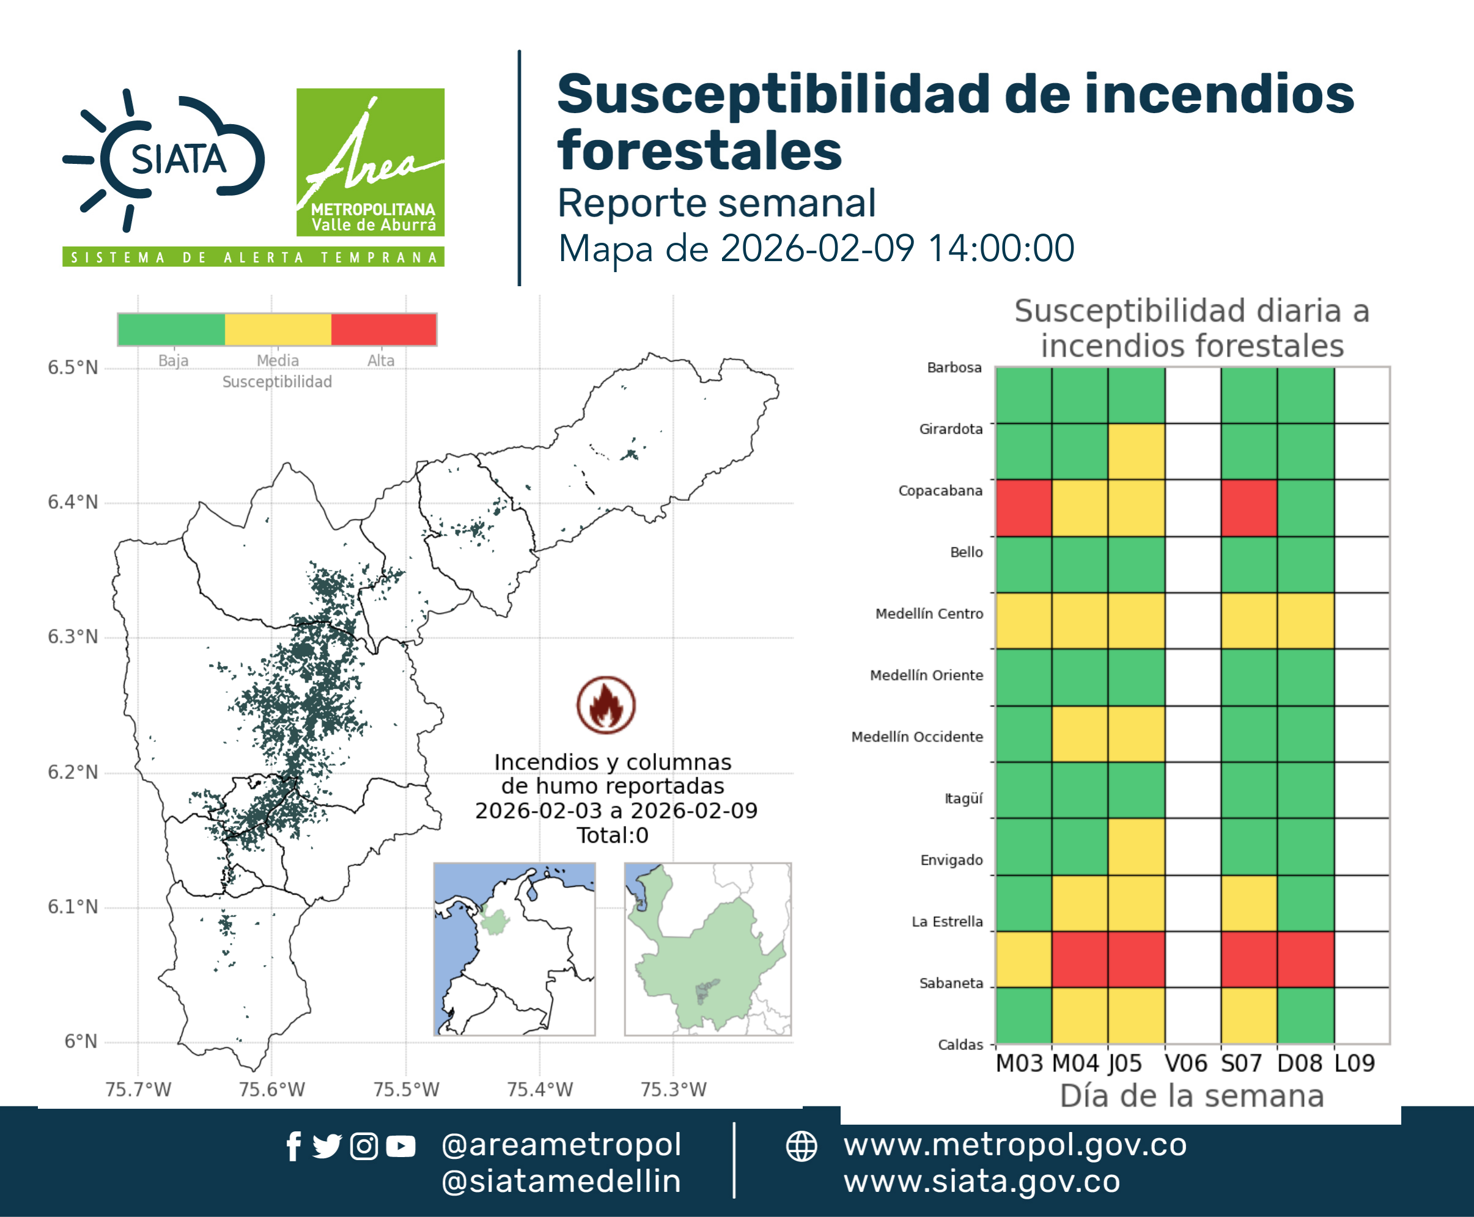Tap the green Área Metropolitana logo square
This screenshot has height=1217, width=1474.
pos(370,162)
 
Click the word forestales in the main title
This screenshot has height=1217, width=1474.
pos(699,150)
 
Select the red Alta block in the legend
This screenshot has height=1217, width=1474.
pos(383,330)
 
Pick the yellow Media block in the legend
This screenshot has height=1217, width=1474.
pos(278,330)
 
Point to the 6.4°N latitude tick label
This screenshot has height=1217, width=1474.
pos(73,502)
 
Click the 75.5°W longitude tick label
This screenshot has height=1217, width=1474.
pos(406,1089)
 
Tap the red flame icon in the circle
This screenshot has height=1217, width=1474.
pos(606,705)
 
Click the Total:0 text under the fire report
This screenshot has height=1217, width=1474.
pos(613,835)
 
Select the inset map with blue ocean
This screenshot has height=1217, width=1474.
pos(514,949)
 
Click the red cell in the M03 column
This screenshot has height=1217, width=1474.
pos(1023,508)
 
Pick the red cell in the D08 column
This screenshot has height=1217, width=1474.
pos(1305,959)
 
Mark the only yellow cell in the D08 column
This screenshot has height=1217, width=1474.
pos(1305,620)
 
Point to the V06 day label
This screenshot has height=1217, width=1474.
pos(1186,1063)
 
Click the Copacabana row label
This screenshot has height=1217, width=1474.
pos(941,490)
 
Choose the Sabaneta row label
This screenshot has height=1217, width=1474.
pos(951,983)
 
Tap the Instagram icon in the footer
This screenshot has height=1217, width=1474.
pos(364,1146)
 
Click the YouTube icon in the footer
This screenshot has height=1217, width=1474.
pos(400,1147)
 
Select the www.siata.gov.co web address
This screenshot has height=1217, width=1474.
pos(981,1182)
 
